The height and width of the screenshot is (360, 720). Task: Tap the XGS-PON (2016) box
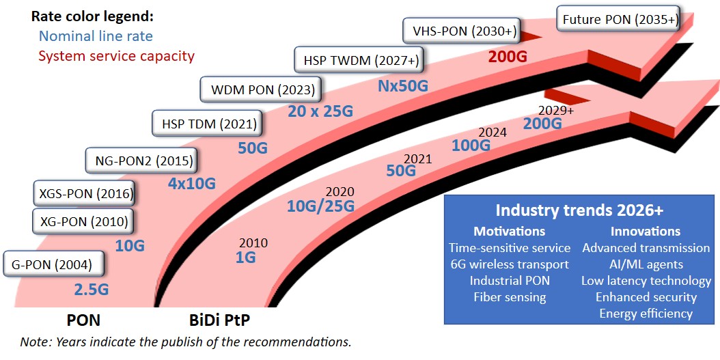[x=83, y=193]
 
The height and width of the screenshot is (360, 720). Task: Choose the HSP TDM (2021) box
[x=205, y=124]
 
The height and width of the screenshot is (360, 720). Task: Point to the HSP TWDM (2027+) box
[x=361, y=60]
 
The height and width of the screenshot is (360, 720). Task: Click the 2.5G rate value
[x=91, y=289]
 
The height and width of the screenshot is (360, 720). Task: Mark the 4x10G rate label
[x=191, y=183]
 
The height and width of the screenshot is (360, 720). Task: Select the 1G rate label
[x=245, y=258]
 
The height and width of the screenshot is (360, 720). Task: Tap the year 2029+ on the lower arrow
[x=556, y=109]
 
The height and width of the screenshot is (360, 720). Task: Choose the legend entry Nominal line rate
[x=96, y=37]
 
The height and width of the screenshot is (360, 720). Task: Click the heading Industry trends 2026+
[x=579, y=210]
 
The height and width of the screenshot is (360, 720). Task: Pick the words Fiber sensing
[x=510, y=296]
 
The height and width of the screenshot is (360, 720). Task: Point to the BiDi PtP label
[x=218, y=320]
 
